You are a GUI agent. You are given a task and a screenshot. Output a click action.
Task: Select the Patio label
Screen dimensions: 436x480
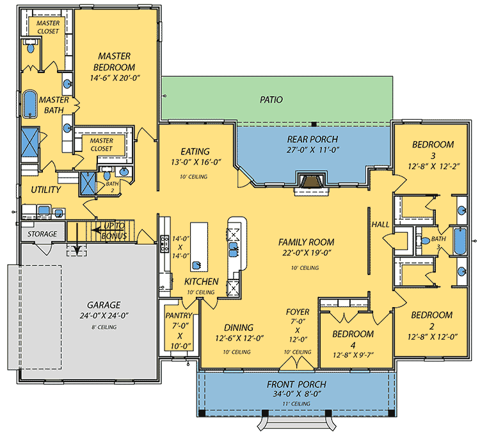pyautogui.click(x=271, y=100)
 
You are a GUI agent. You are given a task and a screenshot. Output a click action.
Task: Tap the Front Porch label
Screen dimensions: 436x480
pyautogui.click(x=296, y=384)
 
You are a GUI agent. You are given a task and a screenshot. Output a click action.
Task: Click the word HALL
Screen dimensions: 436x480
pyautogui.click(x=380, y=224)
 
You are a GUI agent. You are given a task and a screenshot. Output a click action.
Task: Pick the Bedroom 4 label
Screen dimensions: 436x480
pyautogui.click(x=353, y=334)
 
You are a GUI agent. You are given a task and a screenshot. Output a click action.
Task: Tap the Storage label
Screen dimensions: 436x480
pyautogui.click(x=43, y=234)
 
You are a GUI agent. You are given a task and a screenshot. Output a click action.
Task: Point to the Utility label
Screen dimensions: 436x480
pyautogui.click(x=46, y=190)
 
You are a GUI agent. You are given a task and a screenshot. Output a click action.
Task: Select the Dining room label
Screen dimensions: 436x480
pyautogui.click(x=238, y=327)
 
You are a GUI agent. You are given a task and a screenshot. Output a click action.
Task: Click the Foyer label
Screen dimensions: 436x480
pyautogui.click(x=298, y=312)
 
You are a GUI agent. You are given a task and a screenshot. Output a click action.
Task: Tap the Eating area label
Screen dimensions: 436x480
pyautogui.click(x=195, y=151)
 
